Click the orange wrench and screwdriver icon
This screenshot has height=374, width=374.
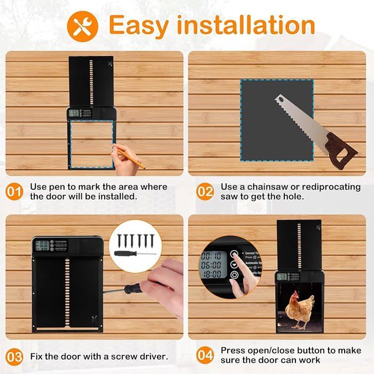coord(82,26)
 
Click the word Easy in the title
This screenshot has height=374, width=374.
coord(139,25)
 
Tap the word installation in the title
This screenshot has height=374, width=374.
coord(246,25)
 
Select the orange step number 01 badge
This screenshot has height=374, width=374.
coord(15,192)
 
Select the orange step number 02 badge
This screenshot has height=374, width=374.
coord(205,192)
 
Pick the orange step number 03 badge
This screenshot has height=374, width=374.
coord(15,356)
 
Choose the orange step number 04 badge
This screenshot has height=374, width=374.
coord(205,356)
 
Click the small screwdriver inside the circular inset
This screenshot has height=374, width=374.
coord(134,253)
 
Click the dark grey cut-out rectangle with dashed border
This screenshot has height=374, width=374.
coord(276,118)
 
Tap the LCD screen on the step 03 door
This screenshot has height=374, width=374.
coord(44,246)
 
